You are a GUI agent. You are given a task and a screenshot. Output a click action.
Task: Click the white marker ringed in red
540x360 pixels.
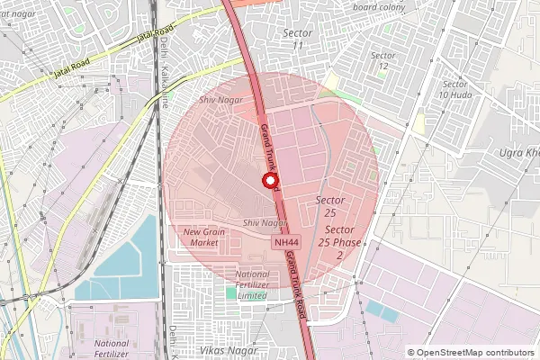click(x=268, y=181)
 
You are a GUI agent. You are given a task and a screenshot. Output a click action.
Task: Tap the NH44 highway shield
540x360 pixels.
click(x=286, y=243)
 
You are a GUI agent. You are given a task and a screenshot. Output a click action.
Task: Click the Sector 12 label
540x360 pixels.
click(x=383, y=60)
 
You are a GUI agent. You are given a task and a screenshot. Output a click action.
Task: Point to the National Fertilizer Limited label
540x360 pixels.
click(x=252, y=284)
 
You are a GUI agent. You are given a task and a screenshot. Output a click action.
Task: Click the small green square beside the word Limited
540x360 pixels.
click(x=230, y=294)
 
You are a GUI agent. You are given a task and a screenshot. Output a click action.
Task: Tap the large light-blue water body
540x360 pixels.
click(x=126, y=256)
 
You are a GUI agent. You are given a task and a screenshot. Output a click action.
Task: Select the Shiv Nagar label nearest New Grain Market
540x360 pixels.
click(x=265, y=222)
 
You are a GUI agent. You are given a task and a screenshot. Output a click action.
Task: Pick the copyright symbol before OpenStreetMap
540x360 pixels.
click(x=411, y=353)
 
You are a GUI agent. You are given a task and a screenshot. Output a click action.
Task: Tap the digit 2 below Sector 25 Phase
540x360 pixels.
click(x=339, y=256)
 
